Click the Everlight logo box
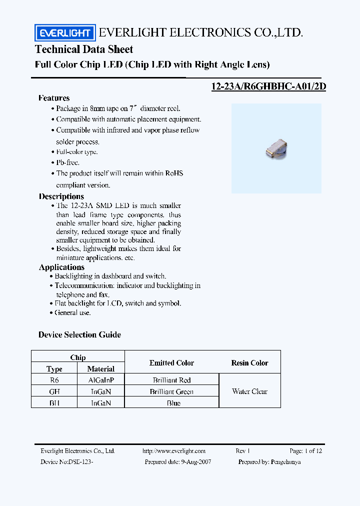click(64, 33)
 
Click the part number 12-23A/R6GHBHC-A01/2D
click(269, 86)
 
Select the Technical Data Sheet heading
click(84, 49)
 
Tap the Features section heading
click(54, 98)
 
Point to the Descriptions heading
click(61, 196)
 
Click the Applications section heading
click(61, 267)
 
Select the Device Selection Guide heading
click(79, 334)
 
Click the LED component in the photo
click(275, 149)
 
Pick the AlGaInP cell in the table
click(100, 380)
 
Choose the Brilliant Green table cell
click(171, 391)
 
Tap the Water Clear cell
click(249, 391)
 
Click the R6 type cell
click(54, 380)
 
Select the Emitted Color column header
click(171, 363)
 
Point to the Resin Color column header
click(249, 363)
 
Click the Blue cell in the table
click(173, 403)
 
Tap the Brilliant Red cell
click(171, 380)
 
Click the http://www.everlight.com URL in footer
click(174, 451)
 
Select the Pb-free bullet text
click(67, 162)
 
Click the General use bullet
click(72, 312)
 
